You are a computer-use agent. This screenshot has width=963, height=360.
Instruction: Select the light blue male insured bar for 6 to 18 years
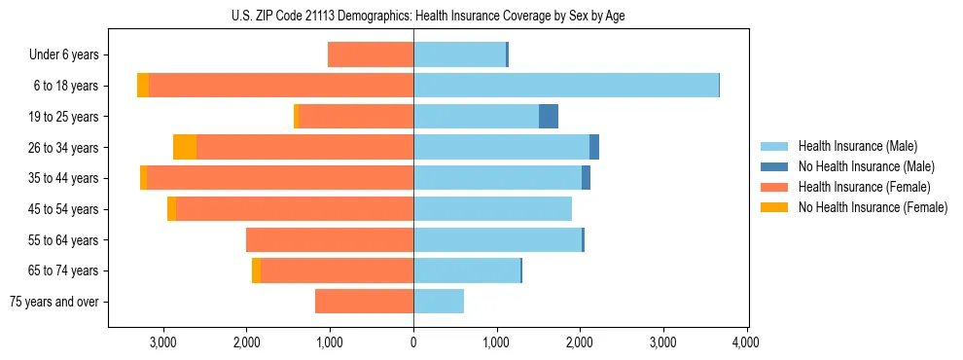tap(566, 86)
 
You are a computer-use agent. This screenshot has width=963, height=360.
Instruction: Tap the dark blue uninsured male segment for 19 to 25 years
tap(549, 117)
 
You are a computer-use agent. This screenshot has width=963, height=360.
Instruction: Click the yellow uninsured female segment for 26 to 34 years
tap(185, 147)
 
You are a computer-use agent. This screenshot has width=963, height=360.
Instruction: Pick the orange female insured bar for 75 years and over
tap(364, 302)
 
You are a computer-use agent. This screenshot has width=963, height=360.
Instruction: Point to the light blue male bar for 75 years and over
tap(439, 302)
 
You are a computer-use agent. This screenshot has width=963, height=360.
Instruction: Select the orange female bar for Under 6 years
tap(371, 54)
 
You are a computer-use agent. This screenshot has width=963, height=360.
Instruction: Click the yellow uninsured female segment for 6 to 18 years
tap(143, 86)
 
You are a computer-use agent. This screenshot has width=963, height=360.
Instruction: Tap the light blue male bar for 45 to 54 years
tap(492, 209)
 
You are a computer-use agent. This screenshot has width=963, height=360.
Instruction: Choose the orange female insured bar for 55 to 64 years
tap(330, 240)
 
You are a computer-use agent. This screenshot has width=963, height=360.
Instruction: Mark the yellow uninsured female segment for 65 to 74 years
tap(256, 270)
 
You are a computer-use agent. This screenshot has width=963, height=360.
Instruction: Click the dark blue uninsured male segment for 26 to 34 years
tap(594, 147)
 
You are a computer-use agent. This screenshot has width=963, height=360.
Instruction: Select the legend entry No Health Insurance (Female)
tap(872, 207)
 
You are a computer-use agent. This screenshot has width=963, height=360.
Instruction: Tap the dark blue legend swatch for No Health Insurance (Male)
tap(774, 166)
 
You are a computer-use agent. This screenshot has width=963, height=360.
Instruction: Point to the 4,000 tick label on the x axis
tap(746, 342)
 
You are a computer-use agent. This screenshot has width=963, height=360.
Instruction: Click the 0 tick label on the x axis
tap(413, 342)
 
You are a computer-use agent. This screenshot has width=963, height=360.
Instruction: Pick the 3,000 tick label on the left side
tap(162, 342)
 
